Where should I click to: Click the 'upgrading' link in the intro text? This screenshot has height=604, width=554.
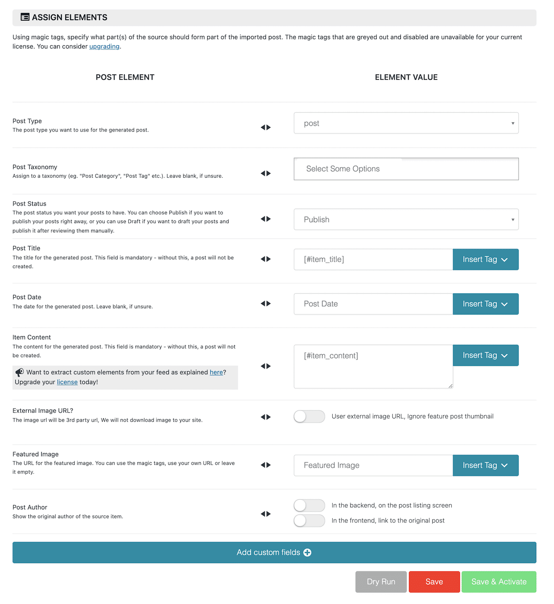pos(104,47)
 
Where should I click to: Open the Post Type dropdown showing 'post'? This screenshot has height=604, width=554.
pos(406,123)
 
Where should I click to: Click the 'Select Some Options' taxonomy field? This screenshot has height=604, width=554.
pos(406,169)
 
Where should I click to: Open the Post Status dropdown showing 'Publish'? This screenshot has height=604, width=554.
pos(406,219)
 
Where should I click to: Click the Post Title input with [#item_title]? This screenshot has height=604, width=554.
pos(373,259)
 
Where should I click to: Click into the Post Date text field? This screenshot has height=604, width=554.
pos(373,304)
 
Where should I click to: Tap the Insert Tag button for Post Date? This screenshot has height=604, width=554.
pos(485,304)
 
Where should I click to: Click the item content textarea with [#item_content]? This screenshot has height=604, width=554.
pos(373,366)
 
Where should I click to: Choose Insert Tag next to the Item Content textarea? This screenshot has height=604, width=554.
pos(485,355)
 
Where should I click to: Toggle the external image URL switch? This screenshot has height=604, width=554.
pos(309,416)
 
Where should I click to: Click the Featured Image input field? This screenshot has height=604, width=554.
pos(373,465)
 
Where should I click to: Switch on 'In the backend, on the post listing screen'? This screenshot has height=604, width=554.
pos(309,505)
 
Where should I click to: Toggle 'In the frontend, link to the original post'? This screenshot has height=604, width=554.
pos(309,520)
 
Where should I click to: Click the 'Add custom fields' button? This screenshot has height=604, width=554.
pos(274,553)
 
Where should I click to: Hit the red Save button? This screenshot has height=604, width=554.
pos(434,582)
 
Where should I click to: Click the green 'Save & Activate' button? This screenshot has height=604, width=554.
pos(499,582)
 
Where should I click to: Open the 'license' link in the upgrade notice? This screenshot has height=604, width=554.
pos(67,382)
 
